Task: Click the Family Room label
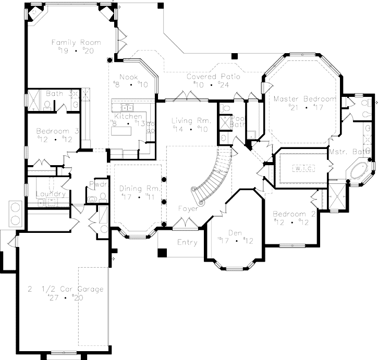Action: [x=76, y=42]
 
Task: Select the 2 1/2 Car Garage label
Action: [x=66, y=289]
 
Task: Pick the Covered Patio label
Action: [x=213, y=77]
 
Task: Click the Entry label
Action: [x=187, y=242]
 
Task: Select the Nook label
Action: [x=128, y=77]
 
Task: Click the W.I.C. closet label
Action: [x=301, y=168]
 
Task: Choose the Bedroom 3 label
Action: [x=57, y=132]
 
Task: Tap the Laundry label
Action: [x=51, y=194]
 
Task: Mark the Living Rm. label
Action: [x=191, y=121]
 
